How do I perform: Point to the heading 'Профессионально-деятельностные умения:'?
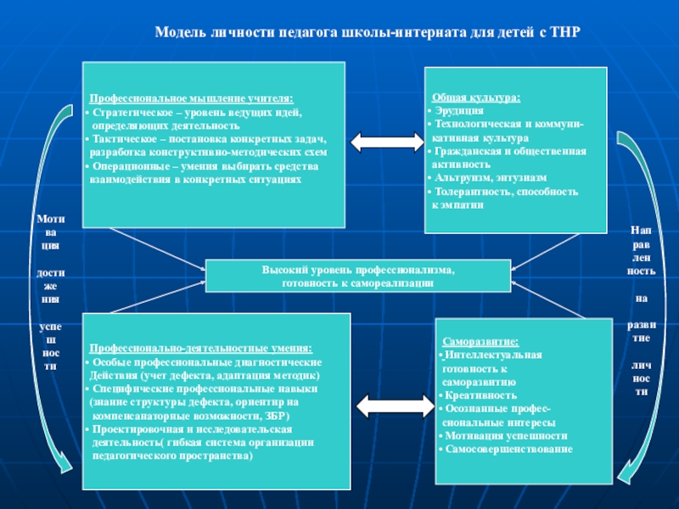pos(201,349)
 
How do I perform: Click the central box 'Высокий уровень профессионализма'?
pos(358,276)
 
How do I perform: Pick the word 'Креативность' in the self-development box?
pos(480,395)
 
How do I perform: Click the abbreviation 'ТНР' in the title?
pos(568,31)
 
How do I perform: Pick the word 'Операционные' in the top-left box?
pos(129,165)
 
